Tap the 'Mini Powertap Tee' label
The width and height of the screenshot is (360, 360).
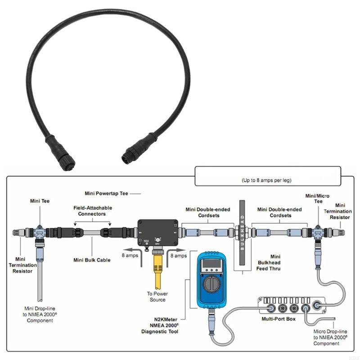[x=106, y=193]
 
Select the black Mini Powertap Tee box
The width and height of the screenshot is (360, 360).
[x=157, y=232]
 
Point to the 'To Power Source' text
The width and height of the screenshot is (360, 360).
[x=157, y=297]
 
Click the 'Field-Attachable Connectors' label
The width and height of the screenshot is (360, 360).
[x=93, y=211]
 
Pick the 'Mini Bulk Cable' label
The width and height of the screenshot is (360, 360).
[x=92, y=260]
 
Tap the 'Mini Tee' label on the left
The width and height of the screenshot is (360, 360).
[x=40, y=201]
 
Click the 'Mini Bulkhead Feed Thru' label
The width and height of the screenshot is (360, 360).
[x=269, y=262]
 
